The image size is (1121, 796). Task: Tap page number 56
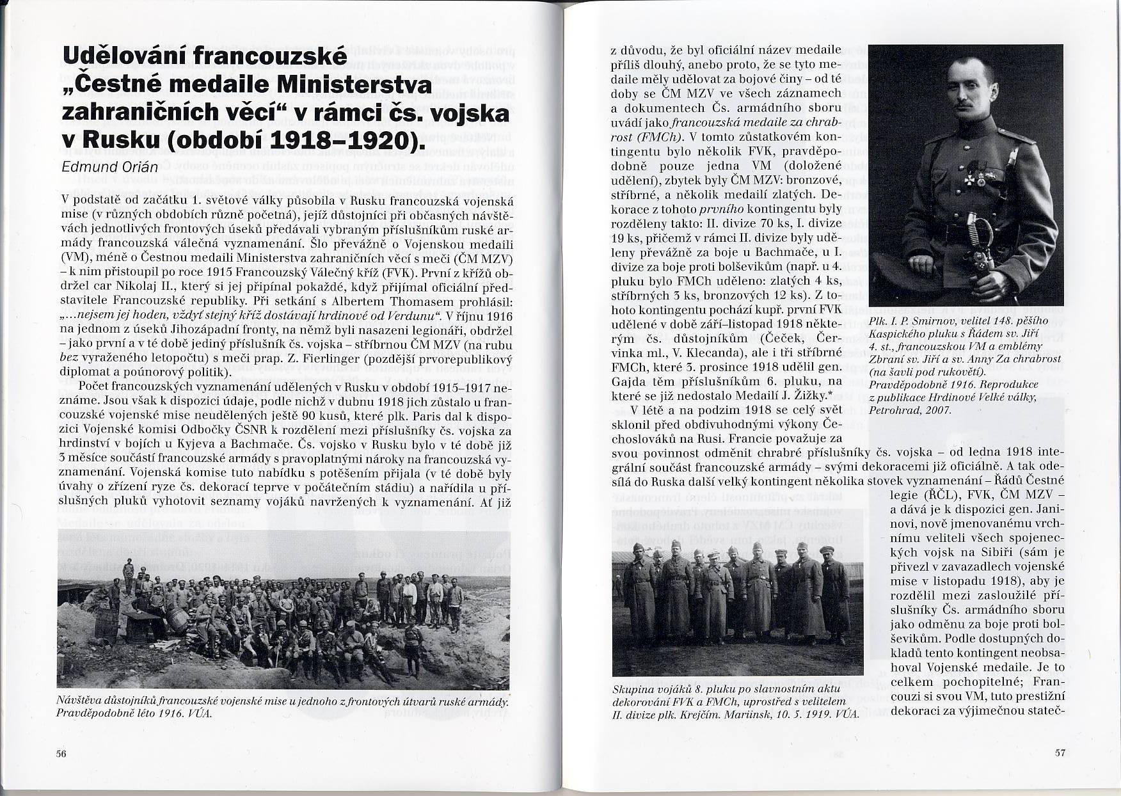click(x=61, y=753)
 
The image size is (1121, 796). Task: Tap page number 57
click(x=1060, y=752)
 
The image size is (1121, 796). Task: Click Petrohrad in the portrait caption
click(x=891, y=410)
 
